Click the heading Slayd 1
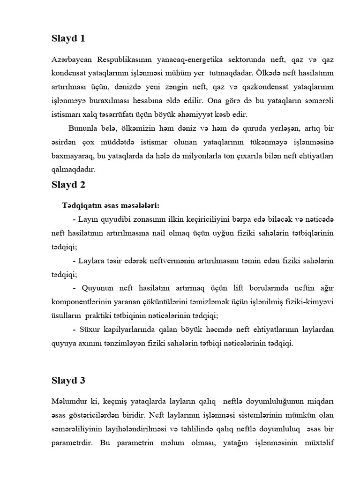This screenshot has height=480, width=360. click(68, 39)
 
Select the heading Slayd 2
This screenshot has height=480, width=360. click(68, 185)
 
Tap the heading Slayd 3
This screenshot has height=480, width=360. click(68, 381)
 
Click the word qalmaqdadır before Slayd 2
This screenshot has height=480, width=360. click(73, 169)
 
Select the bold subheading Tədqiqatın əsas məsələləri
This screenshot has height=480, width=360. click(111, 206)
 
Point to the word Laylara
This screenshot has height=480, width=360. click(93, 260)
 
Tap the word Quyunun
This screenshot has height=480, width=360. click(97, 287)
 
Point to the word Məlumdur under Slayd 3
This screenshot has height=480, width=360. click(71, 402)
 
